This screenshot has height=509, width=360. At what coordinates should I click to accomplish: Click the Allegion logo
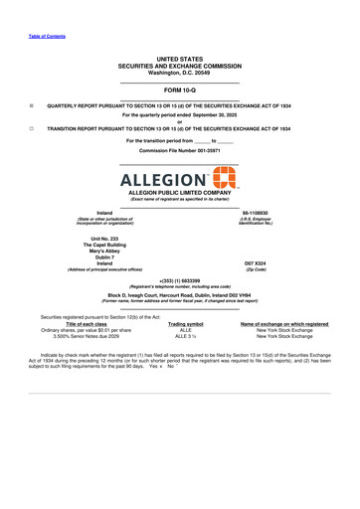[179, 181]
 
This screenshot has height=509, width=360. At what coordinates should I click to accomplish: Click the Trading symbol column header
[186, 324]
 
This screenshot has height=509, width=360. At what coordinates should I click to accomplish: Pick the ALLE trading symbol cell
[186, 330]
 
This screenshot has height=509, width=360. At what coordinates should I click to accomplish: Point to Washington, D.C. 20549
[179, 73]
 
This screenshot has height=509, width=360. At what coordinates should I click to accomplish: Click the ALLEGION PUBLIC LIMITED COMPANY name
[179, 193]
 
